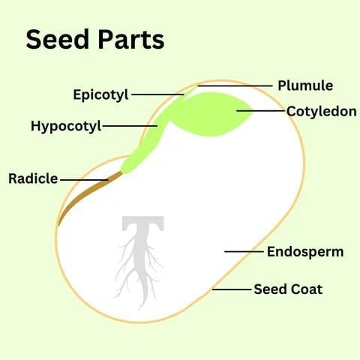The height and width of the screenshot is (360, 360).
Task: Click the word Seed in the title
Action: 58,39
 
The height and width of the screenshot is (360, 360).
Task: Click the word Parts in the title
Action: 131,39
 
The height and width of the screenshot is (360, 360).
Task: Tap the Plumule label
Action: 305,86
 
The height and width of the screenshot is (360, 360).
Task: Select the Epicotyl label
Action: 100,95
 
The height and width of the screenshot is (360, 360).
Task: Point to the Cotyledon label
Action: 322,111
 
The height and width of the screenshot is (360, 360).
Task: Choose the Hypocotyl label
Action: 66,126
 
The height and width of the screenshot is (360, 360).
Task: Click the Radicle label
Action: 33,178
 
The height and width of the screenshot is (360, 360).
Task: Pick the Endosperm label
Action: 305,252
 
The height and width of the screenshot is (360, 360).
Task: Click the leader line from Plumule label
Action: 235,86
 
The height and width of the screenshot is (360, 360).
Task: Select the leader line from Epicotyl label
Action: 157,94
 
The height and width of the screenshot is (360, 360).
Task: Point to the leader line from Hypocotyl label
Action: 130,126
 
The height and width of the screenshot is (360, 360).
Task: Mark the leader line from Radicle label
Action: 84,179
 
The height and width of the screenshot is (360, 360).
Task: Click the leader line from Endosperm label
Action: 244,251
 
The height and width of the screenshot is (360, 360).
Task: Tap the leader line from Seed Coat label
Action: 232,289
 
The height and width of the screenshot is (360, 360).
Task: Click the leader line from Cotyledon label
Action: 260,110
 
